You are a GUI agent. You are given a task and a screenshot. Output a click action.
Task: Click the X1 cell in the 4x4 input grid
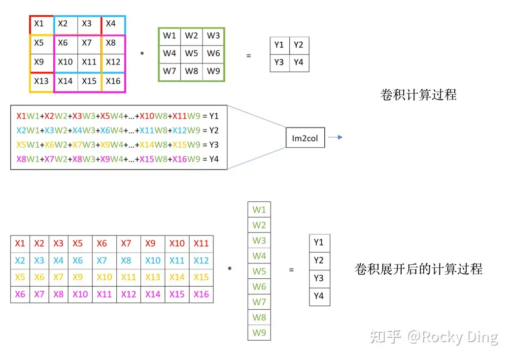pyautogui.click(x=39, y=24)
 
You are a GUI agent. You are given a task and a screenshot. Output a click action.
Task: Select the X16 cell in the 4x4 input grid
pyautogui.click(x=113, y=81)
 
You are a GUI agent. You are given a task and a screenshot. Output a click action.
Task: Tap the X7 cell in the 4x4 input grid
pyautogui.click(x=87, y=43)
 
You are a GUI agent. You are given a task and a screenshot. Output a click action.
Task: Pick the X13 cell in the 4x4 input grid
pyautogui.click(x=41, y=81)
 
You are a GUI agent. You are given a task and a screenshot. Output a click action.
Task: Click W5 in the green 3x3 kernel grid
pyautogui.click(x=191, y=53)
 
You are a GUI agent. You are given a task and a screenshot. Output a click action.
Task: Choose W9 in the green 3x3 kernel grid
pyautogui.click(x=213, y=71)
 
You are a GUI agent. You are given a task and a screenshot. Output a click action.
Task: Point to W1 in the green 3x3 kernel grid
pyautogui.click(x=170, y=35)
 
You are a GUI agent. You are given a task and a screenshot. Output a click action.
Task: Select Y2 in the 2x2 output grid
pyautogui.click(x=299, y=45)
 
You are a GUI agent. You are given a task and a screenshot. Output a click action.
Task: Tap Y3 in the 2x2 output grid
pyautogui.click(x=279, y=62)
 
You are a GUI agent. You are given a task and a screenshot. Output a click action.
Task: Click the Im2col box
pyautogui.click(x=305, y=138)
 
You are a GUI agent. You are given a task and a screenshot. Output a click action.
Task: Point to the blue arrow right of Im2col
pyautogui.click(x=335, y=137)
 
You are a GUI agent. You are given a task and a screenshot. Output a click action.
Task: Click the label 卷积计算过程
pyautogui.click(x=418, y=94)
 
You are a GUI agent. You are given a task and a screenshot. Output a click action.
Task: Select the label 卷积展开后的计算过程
pyautogui.click(x=418, y=269)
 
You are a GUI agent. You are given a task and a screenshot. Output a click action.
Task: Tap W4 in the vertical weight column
pyautogui.click(x=259, y=256)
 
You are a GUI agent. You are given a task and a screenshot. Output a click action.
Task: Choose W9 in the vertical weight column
pyautogui.click(x=259, y=332)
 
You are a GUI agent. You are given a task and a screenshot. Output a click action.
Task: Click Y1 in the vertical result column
pyautogui.click(x=319, y=242)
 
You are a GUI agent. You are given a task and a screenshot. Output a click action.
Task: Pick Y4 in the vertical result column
pyautogui.click(x=319, y=296)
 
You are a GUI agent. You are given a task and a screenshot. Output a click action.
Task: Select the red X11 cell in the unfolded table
pyautogui.click(x=201, y=243)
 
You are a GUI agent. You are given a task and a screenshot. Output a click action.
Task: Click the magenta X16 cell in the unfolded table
pyautogui.click(x=201, y=294)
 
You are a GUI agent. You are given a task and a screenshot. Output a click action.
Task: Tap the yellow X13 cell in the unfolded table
pyautogui.click(x=153, y=277)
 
